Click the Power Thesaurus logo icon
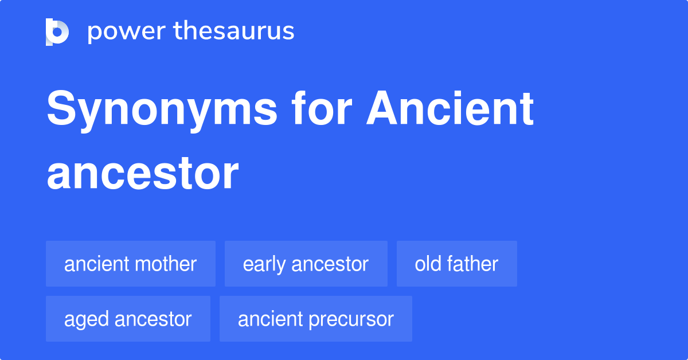click(x=57, y=32)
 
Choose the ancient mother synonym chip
click(x=131, y=264)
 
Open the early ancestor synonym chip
click(x=306, y=264)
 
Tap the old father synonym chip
click(x=456, y=264)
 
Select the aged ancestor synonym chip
click(x=128, y=319)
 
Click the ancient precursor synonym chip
click(x=315, y=319)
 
